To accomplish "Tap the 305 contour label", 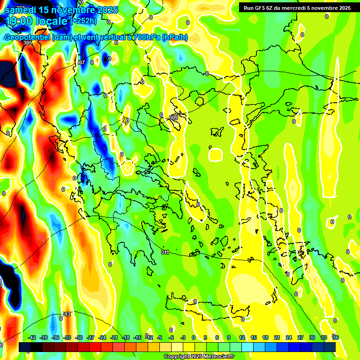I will click(28, 43).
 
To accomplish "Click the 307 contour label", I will click(81, 62).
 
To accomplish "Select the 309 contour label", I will click(173, 117).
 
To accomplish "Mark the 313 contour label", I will click(67, 314).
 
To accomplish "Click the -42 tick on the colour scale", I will click(32, 337).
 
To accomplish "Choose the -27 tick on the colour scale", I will click(90, 337).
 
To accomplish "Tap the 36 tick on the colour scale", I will click(336, 337).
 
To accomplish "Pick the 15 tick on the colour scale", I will click(253, 337).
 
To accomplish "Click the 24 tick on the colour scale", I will click(288, 337).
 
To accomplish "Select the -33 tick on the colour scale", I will click(67, 337).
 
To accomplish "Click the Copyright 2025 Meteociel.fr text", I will click(199, 356).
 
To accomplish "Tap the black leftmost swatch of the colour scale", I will click(25, 347).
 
